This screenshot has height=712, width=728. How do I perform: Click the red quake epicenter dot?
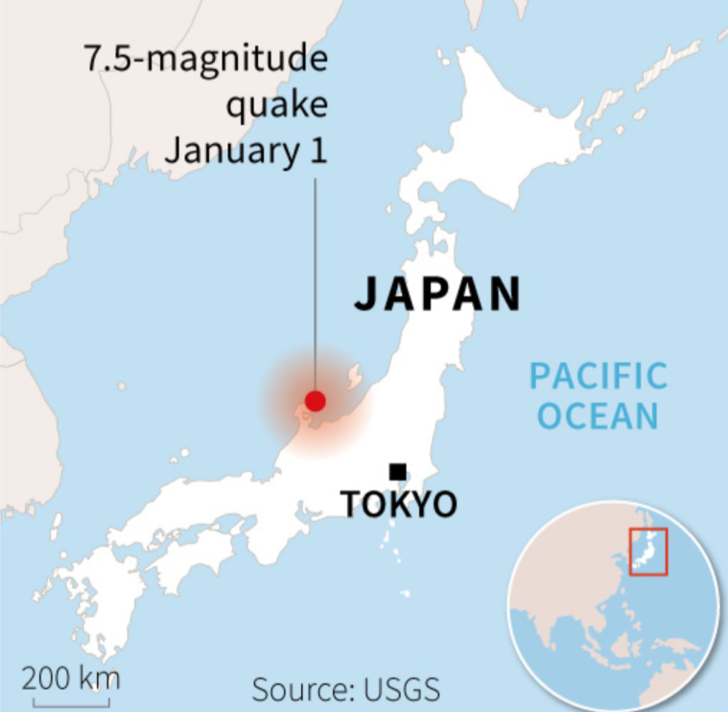click(x=315, y=400)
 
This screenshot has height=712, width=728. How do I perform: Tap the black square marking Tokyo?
click(x=397, y=471)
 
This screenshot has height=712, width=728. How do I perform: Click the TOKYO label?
click(x=399, y=504)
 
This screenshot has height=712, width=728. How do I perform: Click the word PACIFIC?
click(x=599, y=375)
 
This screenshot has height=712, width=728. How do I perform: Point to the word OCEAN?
click(x=598, y=415)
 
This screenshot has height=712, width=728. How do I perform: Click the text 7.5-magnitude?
click(x=205, y=59)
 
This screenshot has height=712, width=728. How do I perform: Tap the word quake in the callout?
click(x=275, y=105)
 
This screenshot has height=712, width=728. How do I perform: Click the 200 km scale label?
click(x=72, y=678)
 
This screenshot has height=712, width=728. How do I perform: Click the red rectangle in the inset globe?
click(x=647, y=552)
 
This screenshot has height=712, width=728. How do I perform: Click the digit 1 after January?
click(x=317, y=150)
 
